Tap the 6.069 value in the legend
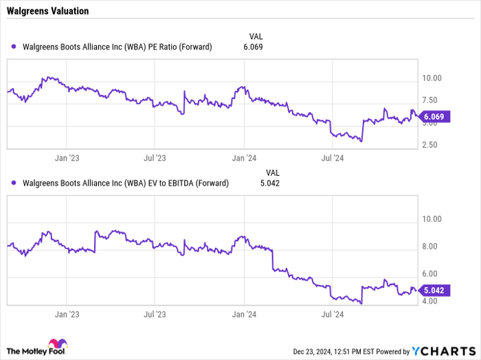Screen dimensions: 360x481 click(x=253, y=47)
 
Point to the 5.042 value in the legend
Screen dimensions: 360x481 click(x=253, y=183)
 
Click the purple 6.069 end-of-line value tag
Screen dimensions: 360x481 click(x=435, y=117)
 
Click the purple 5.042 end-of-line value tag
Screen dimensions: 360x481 click(x=435, y=291)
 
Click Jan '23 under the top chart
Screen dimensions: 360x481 click(x=67, y=158)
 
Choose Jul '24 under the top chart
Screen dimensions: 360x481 click(x=333, y=158)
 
